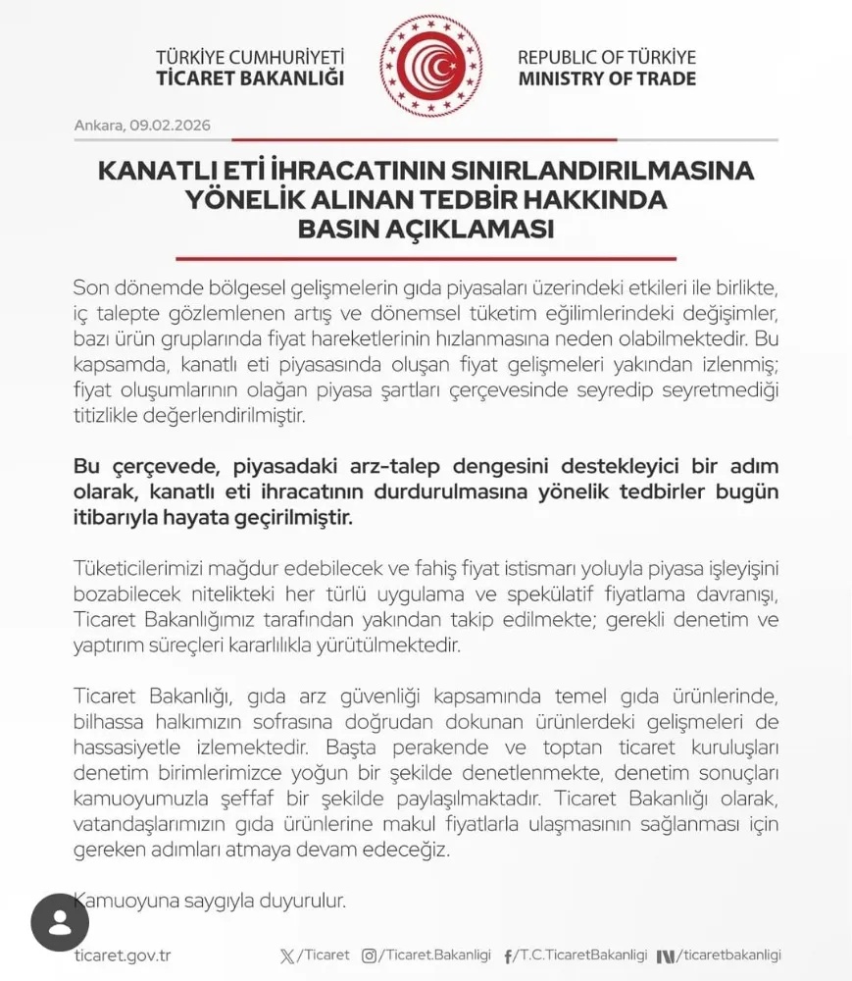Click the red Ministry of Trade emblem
pos(430,66)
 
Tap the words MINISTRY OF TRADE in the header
pos(606,78)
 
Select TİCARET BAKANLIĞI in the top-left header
pos(250,78)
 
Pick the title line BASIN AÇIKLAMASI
pos(426,231)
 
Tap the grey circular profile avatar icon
pos(60,923)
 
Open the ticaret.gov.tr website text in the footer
pos(123,955)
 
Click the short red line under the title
pos(426,258)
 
